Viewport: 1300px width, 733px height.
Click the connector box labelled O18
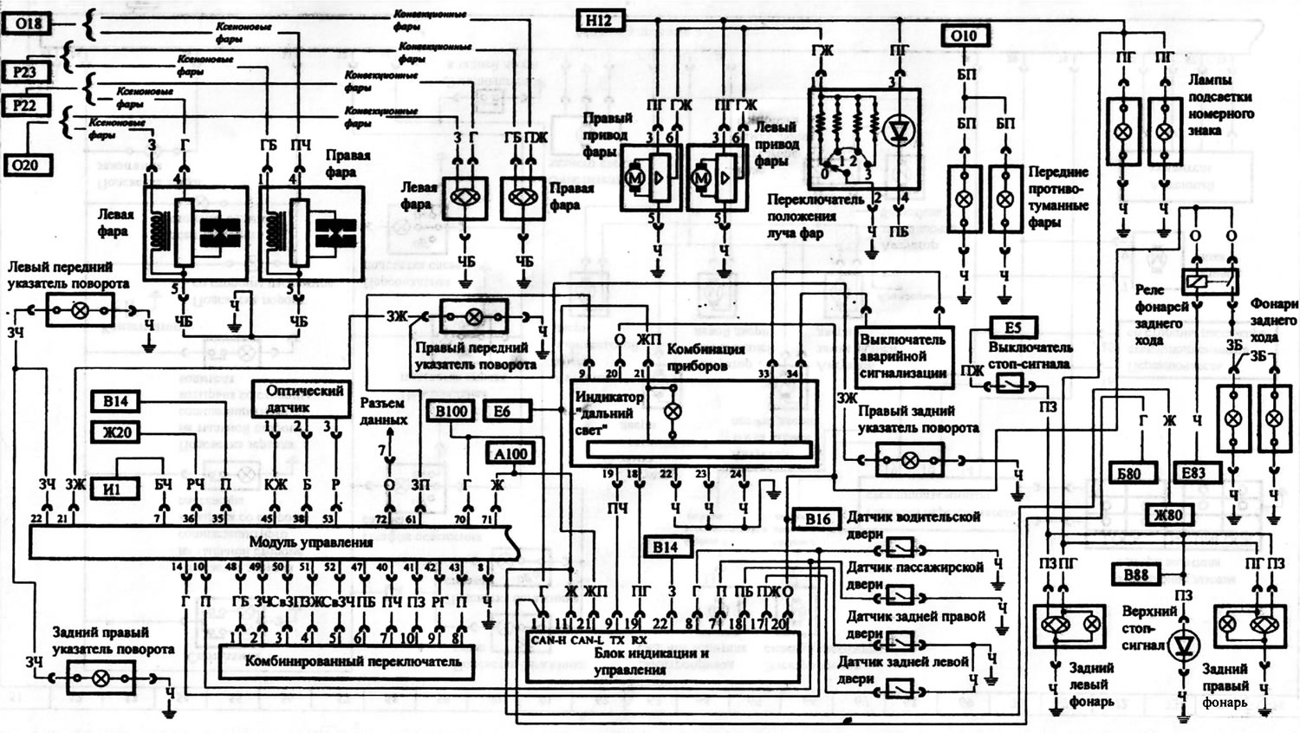point(29,23)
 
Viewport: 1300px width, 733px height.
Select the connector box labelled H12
point(599,19)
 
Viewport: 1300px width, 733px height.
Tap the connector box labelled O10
point(963,36)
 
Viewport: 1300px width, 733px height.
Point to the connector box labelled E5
point(1012,328)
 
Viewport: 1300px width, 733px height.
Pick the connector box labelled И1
point(112,490)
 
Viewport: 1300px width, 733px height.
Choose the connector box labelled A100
point(511,453)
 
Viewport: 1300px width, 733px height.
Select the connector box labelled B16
point(817,519)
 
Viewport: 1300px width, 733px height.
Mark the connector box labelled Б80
point(1128,473)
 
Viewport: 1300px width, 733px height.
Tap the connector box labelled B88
point(1135,575)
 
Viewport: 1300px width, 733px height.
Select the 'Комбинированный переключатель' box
point(347,661)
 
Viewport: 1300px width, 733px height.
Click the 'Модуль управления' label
point(311,542)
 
